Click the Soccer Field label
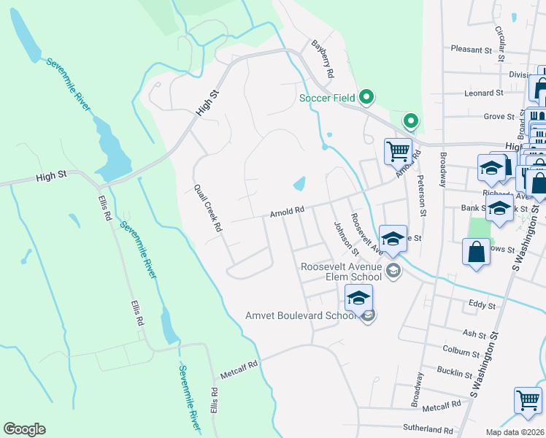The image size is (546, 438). coord(326,98)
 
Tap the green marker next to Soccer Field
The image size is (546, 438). coord(367,96)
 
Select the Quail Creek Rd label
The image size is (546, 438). coord(208,207)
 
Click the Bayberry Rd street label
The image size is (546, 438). coord(322,59)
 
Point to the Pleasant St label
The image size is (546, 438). coord(472,50)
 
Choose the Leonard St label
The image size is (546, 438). coord(484,93)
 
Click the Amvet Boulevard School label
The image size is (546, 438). coord(301,315)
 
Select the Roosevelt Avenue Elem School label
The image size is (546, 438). coord(341,272)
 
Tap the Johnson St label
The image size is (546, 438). coord(346,239)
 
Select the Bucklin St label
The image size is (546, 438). coord(454,373)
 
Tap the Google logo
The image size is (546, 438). coord(24,429)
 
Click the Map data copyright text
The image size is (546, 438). coord(515,432)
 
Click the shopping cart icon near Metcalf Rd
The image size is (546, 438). coord(528,399)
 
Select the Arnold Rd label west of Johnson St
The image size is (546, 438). coord(286,212)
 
